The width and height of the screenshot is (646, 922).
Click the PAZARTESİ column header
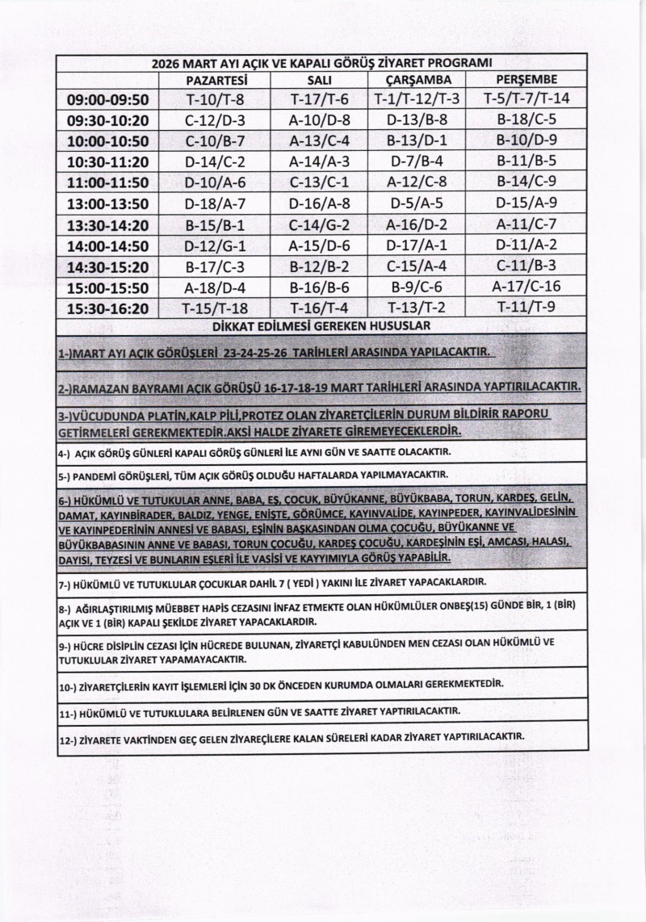pos(216,81)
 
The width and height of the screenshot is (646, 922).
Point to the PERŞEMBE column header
pos(527,81)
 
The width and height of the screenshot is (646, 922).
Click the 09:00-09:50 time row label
pos(109,100)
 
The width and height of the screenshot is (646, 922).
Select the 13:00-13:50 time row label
pos(109,203)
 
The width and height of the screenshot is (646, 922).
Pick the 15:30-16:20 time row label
pos(109,308)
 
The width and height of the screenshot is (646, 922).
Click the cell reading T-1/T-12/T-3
pos(417,99)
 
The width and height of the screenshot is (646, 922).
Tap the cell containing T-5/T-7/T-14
pos(526,99)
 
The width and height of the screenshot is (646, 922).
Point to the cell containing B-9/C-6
pos(417,286)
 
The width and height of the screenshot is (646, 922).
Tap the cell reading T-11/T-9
pos(527,307)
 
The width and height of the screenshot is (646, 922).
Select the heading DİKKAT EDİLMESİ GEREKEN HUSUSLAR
pos(321,326)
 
